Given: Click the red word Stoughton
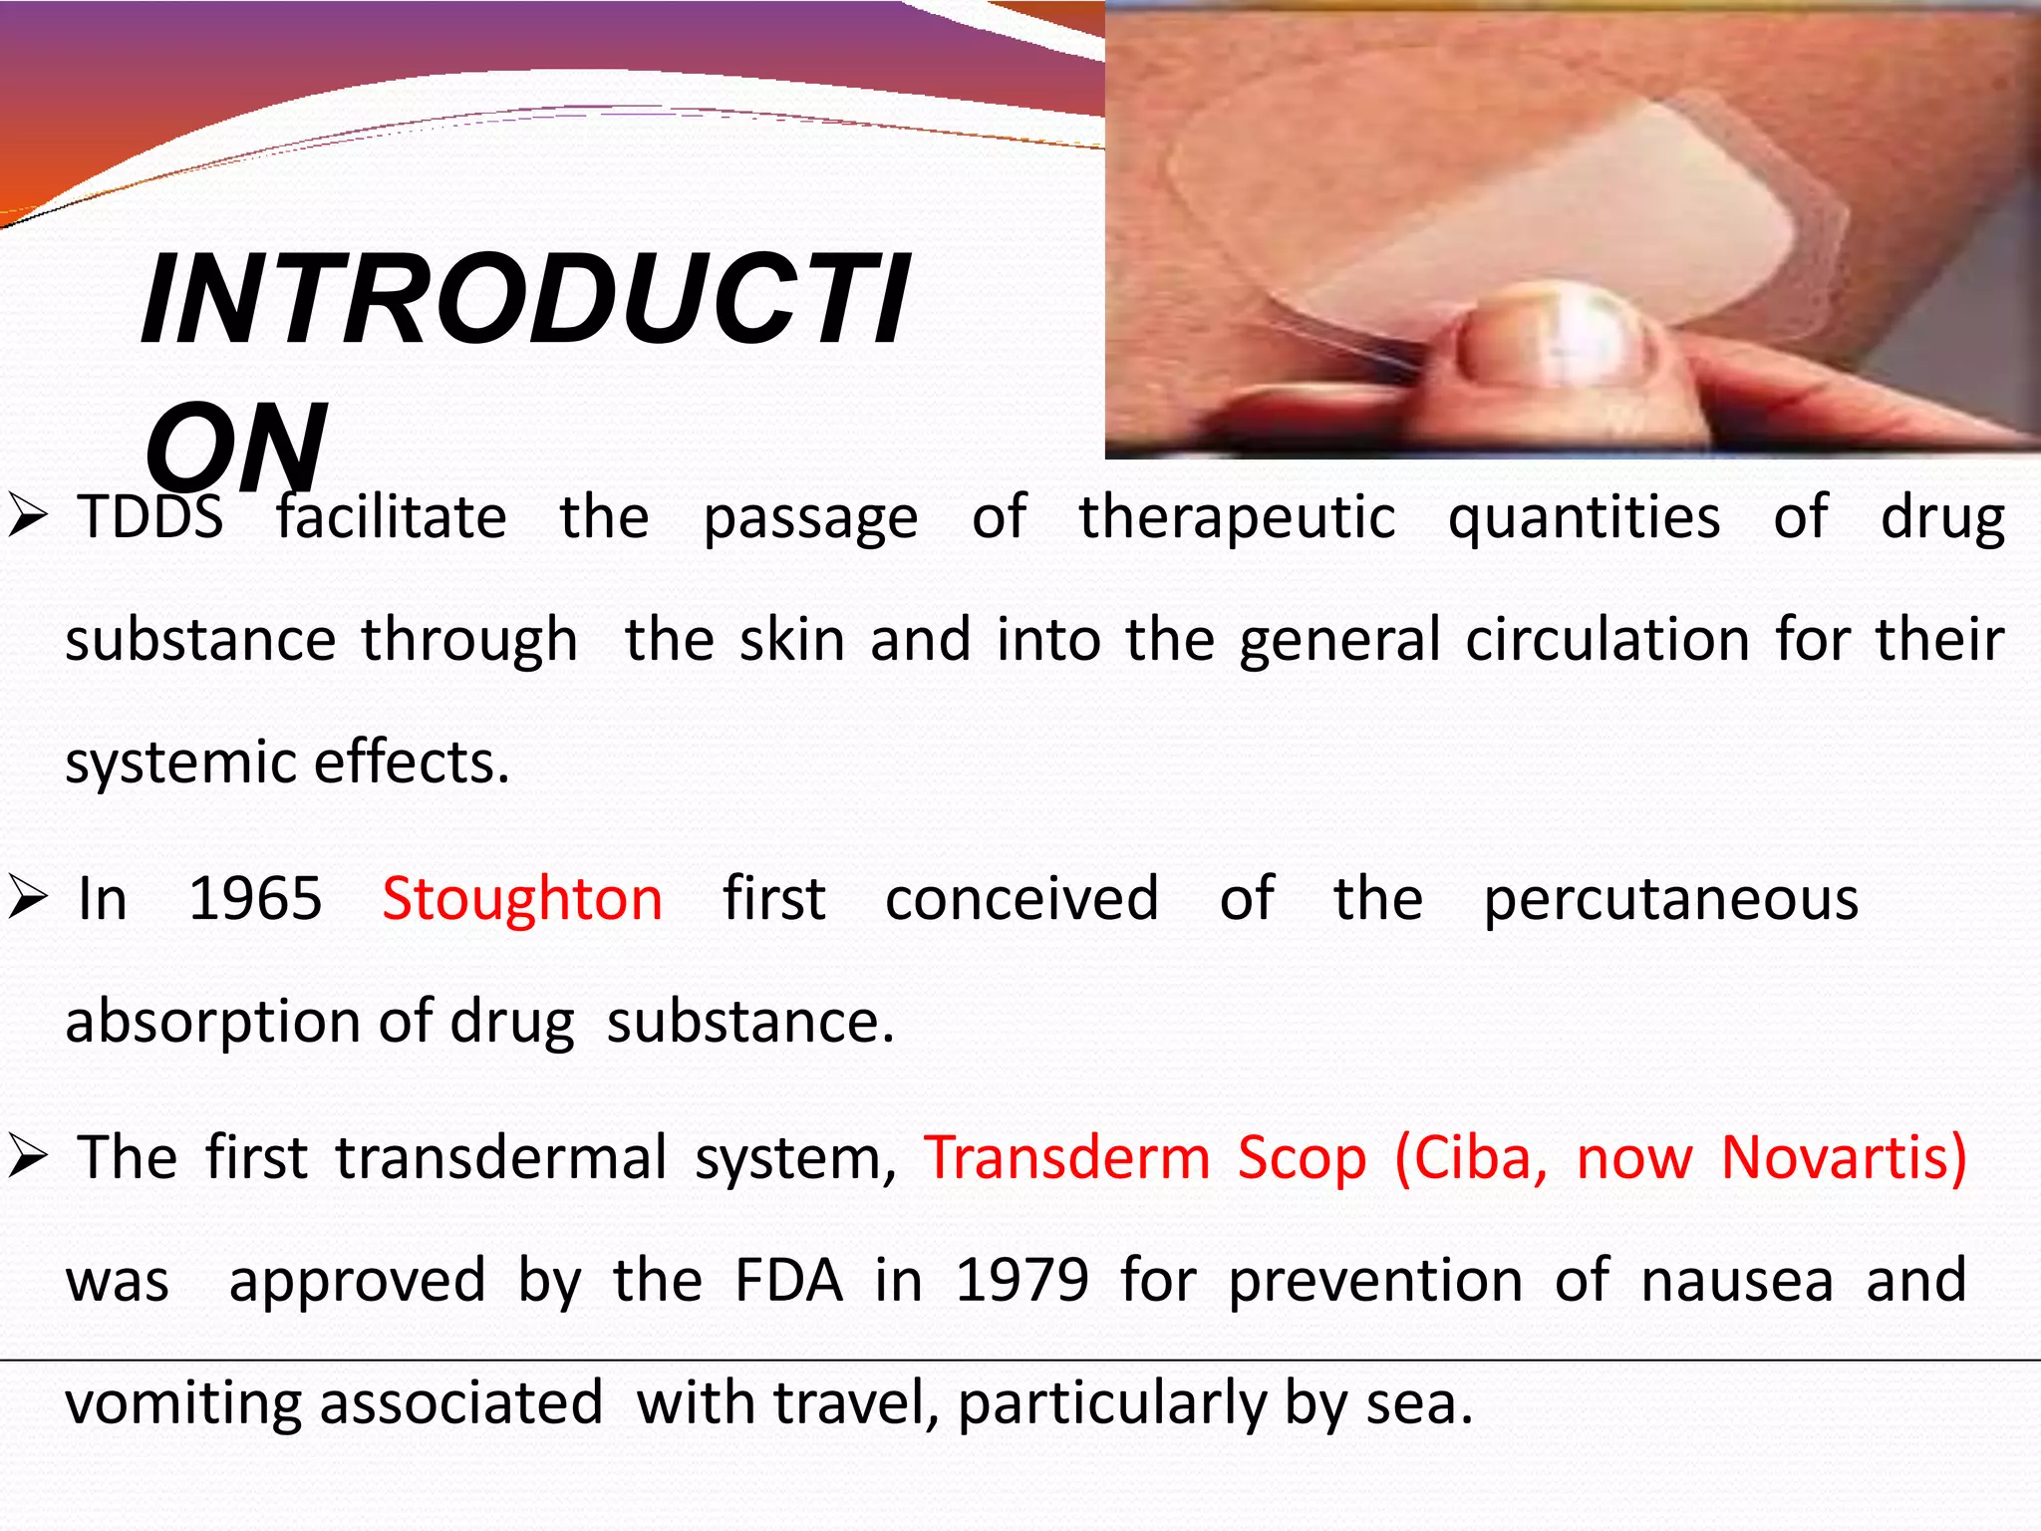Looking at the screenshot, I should pyautogui.click(x=522, y=899).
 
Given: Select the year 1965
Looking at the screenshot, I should pyautogui.click(x=255, y=899).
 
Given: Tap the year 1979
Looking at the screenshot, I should pyautogui.click(x=1021, y=1281).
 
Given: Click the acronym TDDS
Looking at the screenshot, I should pyautogui.click(x=150, y=517).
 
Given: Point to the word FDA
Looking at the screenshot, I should pyautogui.click(x=788, y=1281).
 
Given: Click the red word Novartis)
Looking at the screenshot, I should pyautogui.click(x=1844, y=1158).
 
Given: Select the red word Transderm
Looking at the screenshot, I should pyautogui.click(x=1066, y=1158).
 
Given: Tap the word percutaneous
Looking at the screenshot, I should pyautogui.click(x=1670, y=899).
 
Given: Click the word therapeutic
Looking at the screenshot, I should pyautogui.click(x=1237, y=517).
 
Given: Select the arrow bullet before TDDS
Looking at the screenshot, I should pyautogui.click(x=28, y=517).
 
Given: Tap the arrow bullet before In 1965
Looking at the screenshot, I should pyautogui.click(x=28, y=899).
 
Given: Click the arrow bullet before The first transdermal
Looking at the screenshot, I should pyautogui.click(x=28, y=1158).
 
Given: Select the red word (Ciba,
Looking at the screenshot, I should pyautogui.click(x=1471, y=1158).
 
